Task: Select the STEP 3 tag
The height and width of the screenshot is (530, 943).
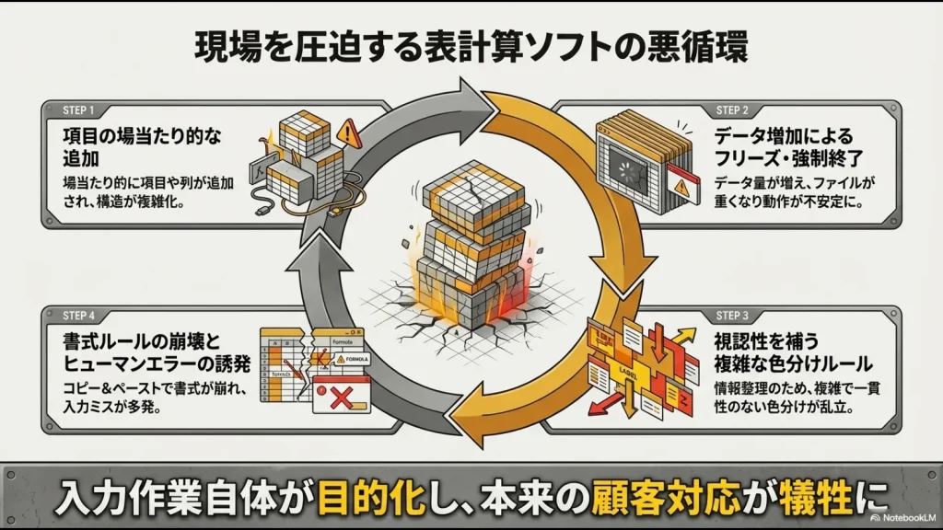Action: [733, 314]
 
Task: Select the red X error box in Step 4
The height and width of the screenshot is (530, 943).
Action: [341, 399]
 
